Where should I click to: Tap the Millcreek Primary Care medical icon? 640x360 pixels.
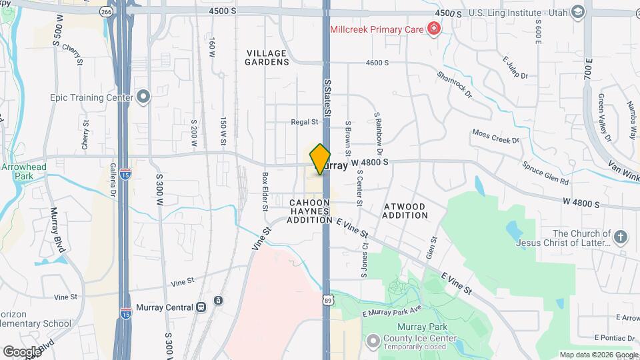click(x=433, y=28)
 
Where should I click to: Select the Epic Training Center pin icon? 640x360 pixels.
click(x=143, y=97)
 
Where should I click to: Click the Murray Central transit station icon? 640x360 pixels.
click(x=200, y=307)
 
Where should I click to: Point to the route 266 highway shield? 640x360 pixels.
click(x=106, y=12)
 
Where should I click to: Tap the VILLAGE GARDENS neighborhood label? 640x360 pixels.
click(x=267, y=57)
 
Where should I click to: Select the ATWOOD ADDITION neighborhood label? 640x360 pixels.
click(x=405, y=211)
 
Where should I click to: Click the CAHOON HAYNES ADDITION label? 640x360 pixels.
click(x=309, y=211)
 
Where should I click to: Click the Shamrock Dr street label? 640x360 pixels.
click(x=455, y=83)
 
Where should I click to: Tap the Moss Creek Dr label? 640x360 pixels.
click(x=495, y=136)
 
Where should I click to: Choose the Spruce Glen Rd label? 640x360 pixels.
click(x=545, y=173)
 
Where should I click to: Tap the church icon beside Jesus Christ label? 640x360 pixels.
click(x=621, y=237)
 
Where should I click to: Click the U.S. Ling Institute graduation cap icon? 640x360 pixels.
click(x=578, y=13)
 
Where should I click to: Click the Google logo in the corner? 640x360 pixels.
click(x=21, y=351)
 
